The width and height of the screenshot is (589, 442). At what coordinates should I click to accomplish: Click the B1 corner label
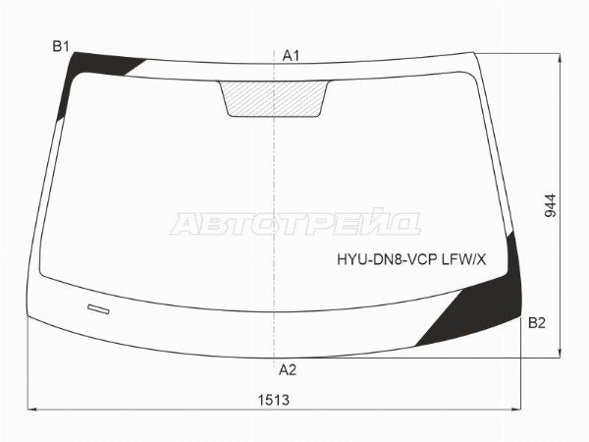pyautogui.click(x=61, y=46)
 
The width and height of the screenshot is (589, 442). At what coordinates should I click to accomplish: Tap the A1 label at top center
pyautogui.click(x=291, y=56)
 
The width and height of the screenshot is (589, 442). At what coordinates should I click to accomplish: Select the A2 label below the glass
pyautogui.click(x=288, y=370)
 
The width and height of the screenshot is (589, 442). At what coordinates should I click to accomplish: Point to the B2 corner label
pyautogui.click(x=537, y=322)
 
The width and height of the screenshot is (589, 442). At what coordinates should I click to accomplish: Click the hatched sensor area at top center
pyautogui.click(x=274, y=99)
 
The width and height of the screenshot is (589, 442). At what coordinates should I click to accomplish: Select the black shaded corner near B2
pyautogui.click(x=487, y=305)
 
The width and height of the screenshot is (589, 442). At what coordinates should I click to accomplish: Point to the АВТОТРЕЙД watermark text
pyautogui.click(x=294, y=223)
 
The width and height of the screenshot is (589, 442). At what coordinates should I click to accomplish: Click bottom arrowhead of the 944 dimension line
pyautogui.click(x=561, y=358)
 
